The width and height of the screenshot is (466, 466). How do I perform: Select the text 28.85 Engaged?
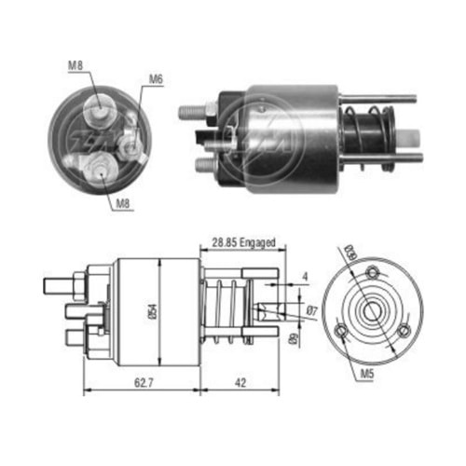[x=242, y=243]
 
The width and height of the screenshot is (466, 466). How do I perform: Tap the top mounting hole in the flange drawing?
[x=374, y=273]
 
